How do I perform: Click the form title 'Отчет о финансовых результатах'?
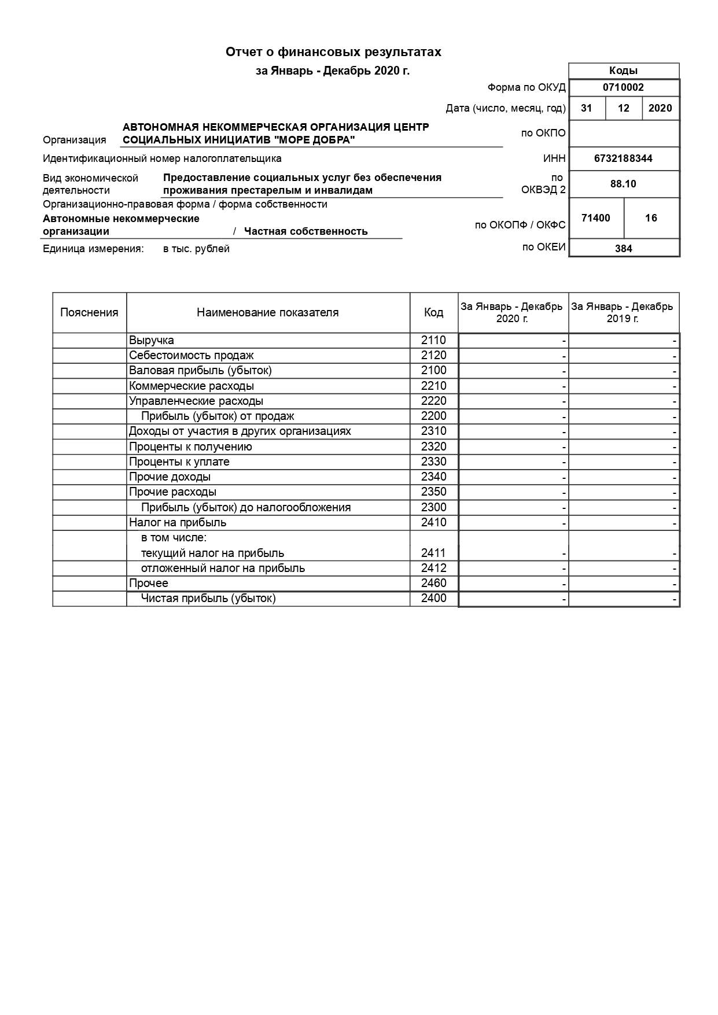click(333, 52)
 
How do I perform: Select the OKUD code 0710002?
click(623, 87)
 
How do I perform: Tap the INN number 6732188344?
click(623, 158)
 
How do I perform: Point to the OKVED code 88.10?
click(623, 184)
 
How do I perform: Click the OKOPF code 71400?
click(596, 218)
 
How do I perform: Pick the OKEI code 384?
click(623, 249)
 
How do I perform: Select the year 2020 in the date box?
click(660, 108)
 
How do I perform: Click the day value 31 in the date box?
click(587, 108)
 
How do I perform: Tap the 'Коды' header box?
click(623, 71)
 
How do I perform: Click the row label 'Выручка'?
click(152, 341)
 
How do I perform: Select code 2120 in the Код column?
click(433, 356)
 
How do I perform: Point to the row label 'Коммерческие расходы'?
click(192, 386)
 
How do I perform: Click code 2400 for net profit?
click(433, 599)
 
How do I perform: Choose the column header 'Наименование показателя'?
click(268, 313)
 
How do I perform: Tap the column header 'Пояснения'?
click(89, 313)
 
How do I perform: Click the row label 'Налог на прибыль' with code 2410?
click(178, 523)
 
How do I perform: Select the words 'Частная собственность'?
click(305, 232)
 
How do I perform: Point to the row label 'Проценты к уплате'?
click(179, 462)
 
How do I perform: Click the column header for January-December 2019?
click(623, 313)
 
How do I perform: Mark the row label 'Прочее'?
click(149, 584)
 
